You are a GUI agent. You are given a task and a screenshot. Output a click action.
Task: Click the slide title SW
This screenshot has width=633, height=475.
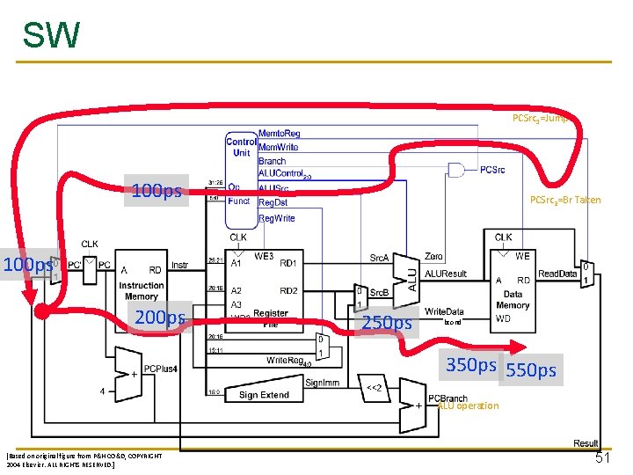point(51,35)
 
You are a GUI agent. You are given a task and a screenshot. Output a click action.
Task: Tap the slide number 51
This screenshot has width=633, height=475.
point(602,458)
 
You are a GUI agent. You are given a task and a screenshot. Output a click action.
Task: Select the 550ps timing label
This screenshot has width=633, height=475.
point(530,370)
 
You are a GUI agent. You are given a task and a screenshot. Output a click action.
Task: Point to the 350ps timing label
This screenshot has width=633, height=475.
point(471,365)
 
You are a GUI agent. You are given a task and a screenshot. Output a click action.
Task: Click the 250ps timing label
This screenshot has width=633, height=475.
point(387,323)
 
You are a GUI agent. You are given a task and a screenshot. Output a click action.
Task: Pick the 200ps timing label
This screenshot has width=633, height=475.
point(157,318)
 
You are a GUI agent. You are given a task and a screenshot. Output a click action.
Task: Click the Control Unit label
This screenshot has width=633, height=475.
point(241,147)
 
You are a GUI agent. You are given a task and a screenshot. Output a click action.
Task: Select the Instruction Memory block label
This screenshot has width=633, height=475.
point(141,291)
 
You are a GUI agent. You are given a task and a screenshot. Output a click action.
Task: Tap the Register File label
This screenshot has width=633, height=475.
point(271,318)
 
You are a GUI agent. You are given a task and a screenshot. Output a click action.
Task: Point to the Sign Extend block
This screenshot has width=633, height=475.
point(264,395)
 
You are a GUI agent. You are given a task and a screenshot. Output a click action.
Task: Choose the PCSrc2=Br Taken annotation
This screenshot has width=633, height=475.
point(565,200)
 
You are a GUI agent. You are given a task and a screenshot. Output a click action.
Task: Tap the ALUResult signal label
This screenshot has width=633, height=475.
point(446,274)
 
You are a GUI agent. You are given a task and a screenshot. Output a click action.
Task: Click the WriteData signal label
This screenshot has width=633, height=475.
point(444,311)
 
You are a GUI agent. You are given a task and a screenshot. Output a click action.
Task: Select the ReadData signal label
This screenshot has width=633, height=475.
point(557,274)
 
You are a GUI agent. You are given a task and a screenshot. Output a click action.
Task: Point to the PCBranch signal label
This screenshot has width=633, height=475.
point(447,398)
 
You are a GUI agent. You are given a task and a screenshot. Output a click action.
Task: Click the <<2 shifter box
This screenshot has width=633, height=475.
point(372,387)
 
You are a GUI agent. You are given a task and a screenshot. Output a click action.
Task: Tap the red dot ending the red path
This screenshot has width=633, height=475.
point(41,311)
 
